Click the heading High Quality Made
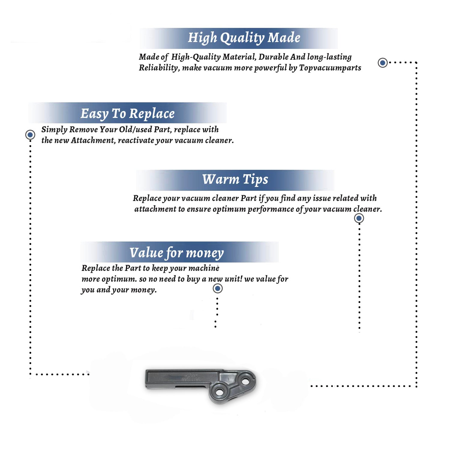(244, 38)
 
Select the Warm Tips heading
(235, 180)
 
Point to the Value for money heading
(176, 253)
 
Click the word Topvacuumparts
(330, 68)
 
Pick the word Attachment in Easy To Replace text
(93, 140)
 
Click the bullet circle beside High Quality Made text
(382, 63)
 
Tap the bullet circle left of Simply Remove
(30, 135)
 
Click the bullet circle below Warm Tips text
(359, 218)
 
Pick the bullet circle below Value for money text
(217, 289)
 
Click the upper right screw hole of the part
(246, 381)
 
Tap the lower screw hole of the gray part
(220, 392)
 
